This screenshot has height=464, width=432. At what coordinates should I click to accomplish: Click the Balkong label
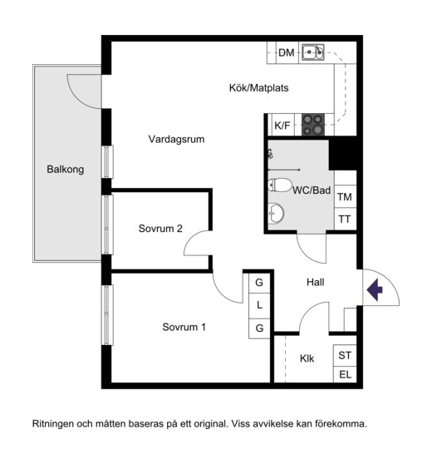pyautogui.click(x=66, y=170)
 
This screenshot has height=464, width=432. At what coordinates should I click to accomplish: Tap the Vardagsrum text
pyautogui.click(x=176, y=139)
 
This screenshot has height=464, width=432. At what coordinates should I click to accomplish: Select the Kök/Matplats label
pyautogui.click(x=258, y=88)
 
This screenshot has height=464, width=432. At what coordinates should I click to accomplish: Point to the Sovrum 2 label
pyautogui.click(x=160, y=229)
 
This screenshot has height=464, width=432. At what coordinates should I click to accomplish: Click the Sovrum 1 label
pyautogui.click(x=184, y=327)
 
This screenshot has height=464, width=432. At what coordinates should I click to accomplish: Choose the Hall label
pyautogui.click(x=315, y=282)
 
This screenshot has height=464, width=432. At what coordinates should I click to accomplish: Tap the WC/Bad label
pyautogui.click(x=312, y=190)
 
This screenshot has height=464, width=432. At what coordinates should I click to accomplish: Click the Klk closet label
pyautogui.click(x=307, y=358)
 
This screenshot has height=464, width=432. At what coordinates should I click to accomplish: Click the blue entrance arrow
pyautogui.click(x=375, y=290)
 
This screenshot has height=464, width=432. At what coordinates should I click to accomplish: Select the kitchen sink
pyautogui.click(x=313, y=52)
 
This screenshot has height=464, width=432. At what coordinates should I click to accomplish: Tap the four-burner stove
pyautogui.click(x=313, y=125)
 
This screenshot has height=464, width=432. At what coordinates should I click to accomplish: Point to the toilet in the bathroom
pyautogui.click(x=279, y=185)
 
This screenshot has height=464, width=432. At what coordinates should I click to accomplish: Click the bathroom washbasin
pyautogui.click(x=276, y=213)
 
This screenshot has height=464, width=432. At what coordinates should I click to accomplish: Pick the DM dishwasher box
pyautogui.click(x=287, y=52)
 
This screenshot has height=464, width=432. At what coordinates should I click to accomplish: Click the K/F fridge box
pyautogui.click(x=283, y=126)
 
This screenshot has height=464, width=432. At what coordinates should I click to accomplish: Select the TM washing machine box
pyautogui.click(x=345, y=196)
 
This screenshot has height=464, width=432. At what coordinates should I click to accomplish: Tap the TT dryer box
pyautogui.click(x=345, y=219)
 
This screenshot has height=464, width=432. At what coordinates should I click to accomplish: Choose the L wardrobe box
pyautogui.click(x=259, y=305)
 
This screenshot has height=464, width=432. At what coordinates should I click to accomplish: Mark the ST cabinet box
pyautogui.click(x=345, y=355)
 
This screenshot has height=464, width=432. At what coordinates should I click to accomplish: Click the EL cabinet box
pyautogui.click(x=345, y=375)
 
